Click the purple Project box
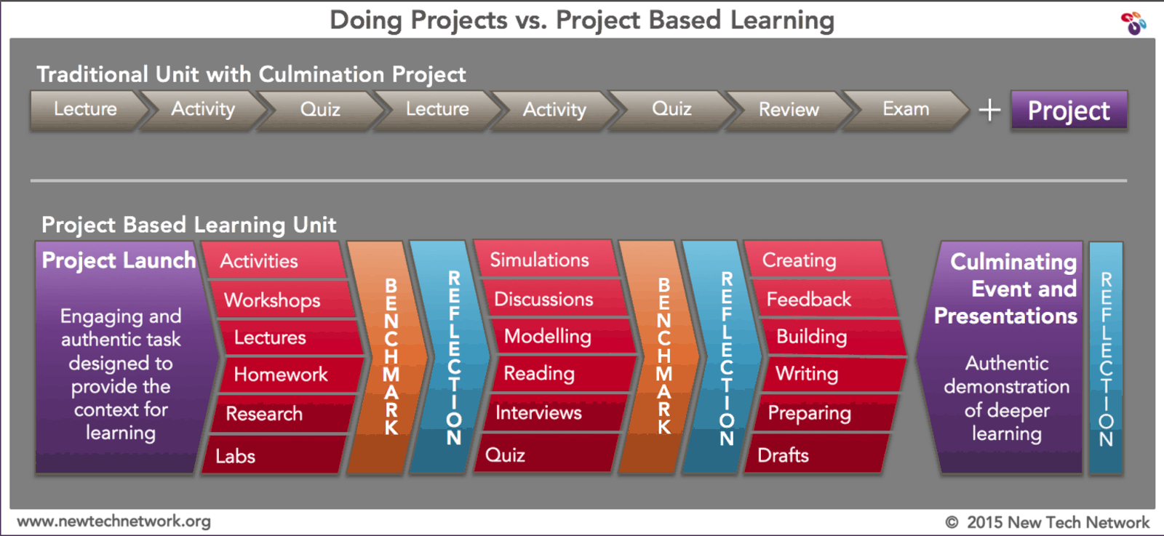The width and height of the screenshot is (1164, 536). [1068, 111]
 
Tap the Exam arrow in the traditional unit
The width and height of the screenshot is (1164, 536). [906, 110]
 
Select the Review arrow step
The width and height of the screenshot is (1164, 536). [789, 110]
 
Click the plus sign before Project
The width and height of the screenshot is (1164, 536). [989, 111]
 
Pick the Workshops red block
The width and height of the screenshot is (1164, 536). [273, 300]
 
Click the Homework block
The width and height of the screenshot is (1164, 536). [281, 375]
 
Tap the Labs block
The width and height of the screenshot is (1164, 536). [236, 456]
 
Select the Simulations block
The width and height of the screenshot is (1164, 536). [539, 260]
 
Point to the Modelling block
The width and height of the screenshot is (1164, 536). [548, 336]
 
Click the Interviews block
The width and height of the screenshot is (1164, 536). [539, 413]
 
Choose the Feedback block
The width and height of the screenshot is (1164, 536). [809, 300]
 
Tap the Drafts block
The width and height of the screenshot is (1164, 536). [784, 455]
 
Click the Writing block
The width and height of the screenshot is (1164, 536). [807, 374]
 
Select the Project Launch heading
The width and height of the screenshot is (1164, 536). [119, 260]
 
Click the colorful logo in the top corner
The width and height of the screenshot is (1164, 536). [1133, 23]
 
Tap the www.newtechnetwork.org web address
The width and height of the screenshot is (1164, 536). [114, 521]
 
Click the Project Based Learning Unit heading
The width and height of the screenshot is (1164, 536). [188, 225]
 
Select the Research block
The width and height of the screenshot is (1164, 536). [264, 414]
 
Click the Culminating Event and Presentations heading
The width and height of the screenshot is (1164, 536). [1008, 289]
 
